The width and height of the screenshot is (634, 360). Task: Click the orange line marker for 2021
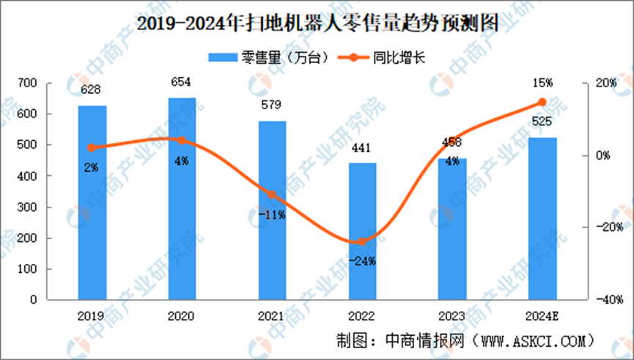[x=272, y=195]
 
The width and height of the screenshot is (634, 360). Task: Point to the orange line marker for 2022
[x=362, y=241]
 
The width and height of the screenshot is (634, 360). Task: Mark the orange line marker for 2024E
[x=542, y=102]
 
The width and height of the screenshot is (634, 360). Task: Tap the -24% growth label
[x=362, y=260]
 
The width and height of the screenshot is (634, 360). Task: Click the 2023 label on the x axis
[x=452, y=317]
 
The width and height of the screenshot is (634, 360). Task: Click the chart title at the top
[x=317, y=23]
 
